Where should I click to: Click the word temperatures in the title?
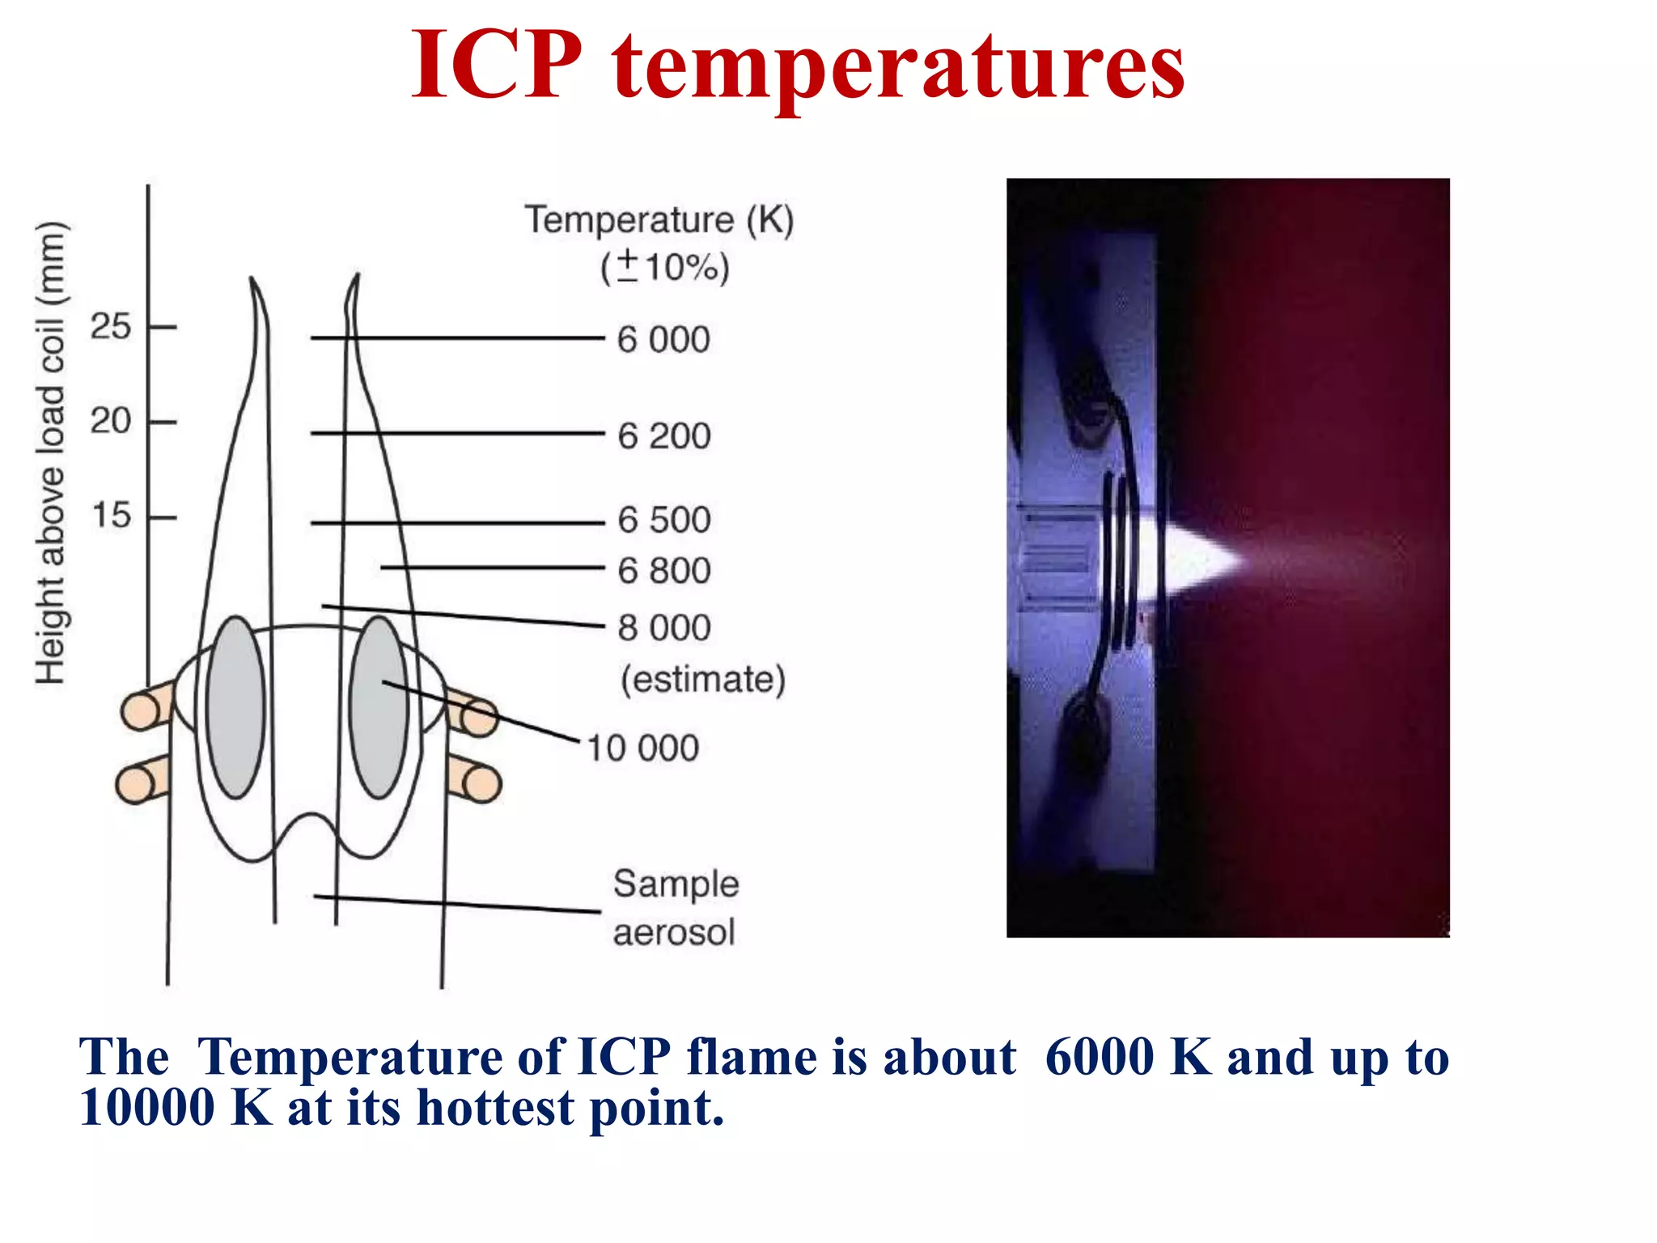coord(898,69)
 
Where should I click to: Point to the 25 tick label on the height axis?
coord(110,327)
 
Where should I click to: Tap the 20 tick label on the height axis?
coord(110,422)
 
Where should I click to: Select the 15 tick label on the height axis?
coord(111,516)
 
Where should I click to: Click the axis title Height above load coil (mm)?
coord(50,453)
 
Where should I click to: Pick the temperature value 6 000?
coord(663,340)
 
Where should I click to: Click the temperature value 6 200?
coord(663,436)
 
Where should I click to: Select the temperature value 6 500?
coord(663,520)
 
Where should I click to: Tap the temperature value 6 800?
coord(663,571)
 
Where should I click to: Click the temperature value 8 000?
coord(663,628)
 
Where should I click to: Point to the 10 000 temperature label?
coord(642,749)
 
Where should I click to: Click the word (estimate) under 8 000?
coord(702,679)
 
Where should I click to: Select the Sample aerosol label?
coord(676,908)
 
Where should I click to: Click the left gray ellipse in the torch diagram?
coord(235,707)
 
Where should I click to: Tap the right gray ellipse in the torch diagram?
coord(379,707)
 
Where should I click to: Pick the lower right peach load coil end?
coord(482,783)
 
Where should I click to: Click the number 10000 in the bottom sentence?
coord(147,1108)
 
